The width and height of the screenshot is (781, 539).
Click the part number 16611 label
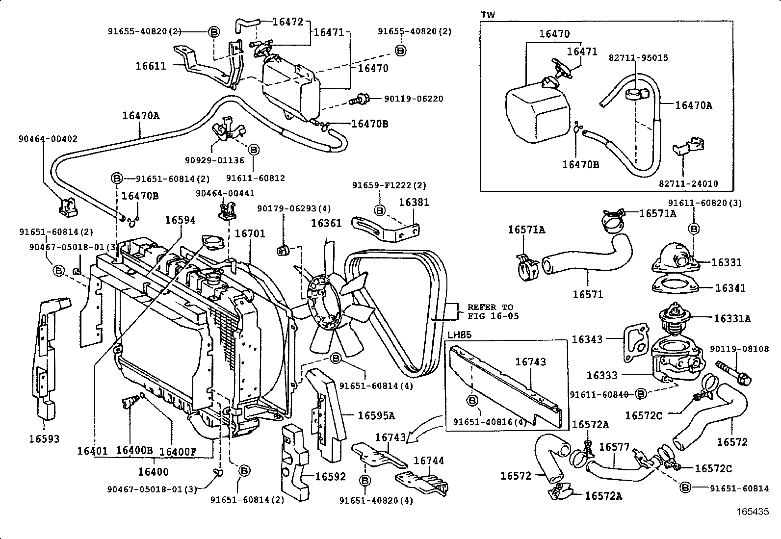click(151, 65)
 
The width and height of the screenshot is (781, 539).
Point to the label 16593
click(44, 439)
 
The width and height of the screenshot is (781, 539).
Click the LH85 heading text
click(459, 335)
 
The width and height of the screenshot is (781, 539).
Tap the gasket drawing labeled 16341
click(676, 286)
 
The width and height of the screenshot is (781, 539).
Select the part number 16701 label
click(250, 233)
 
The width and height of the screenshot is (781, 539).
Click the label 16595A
click(376, 416)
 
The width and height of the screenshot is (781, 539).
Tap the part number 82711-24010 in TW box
click(688, 184)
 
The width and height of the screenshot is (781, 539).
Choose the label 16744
click(429, 461)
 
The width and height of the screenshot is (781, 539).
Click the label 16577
click(614, 447)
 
